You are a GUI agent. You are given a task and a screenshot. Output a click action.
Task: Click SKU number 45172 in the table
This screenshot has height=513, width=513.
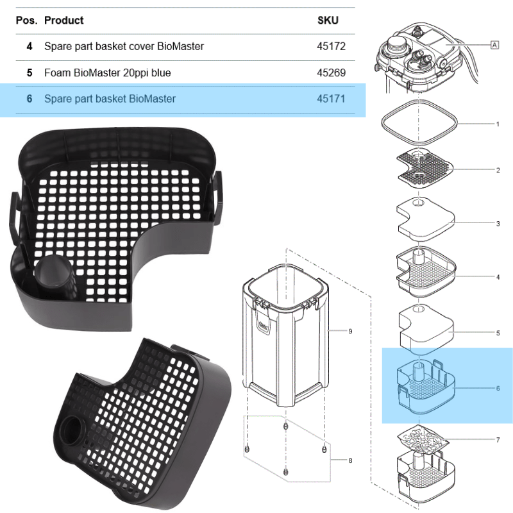click(332, 46)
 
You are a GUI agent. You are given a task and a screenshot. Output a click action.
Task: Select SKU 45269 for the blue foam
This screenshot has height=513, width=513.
click(332, 72)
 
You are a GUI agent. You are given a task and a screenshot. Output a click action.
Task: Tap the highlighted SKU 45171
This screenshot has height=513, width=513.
click(332, 99)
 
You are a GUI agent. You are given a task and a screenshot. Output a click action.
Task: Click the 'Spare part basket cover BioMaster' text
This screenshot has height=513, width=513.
click(124, 46)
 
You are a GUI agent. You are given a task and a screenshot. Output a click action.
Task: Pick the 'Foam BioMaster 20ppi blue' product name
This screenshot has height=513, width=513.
click(107, 72)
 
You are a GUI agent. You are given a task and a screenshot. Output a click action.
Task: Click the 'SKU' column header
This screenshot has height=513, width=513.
click(328, 21)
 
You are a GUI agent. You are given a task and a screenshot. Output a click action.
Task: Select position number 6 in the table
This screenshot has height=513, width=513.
click(29, 99)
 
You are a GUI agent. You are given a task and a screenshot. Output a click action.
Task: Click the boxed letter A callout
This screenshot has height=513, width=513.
click(494, 45)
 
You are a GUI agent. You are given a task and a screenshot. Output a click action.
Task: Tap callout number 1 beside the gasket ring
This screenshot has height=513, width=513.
click(498, 123)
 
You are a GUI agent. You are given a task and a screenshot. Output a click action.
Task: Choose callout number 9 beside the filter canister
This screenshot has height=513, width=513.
click(350, 332)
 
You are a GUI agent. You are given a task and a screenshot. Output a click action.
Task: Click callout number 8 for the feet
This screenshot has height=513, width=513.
click(350, 460)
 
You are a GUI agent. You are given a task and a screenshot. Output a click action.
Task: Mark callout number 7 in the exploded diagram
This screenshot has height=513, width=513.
click(498, 439)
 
